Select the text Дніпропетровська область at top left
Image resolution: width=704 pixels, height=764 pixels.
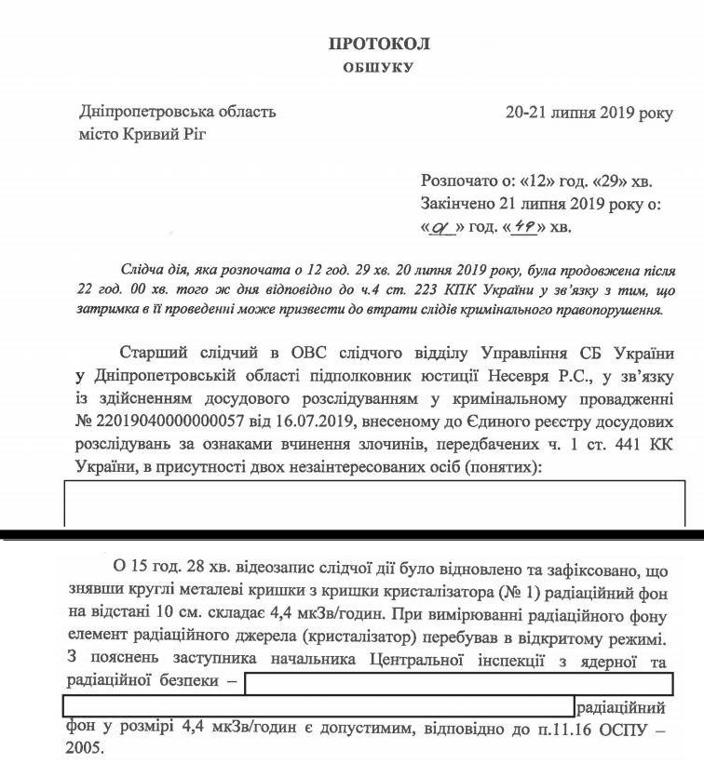point(178,113)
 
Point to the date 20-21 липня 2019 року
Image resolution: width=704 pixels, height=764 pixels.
point(588,113)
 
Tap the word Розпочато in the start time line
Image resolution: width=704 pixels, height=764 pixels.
point(459,181)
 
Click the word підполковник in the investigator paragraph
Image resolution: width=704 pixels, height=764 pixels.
point(320,376)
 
